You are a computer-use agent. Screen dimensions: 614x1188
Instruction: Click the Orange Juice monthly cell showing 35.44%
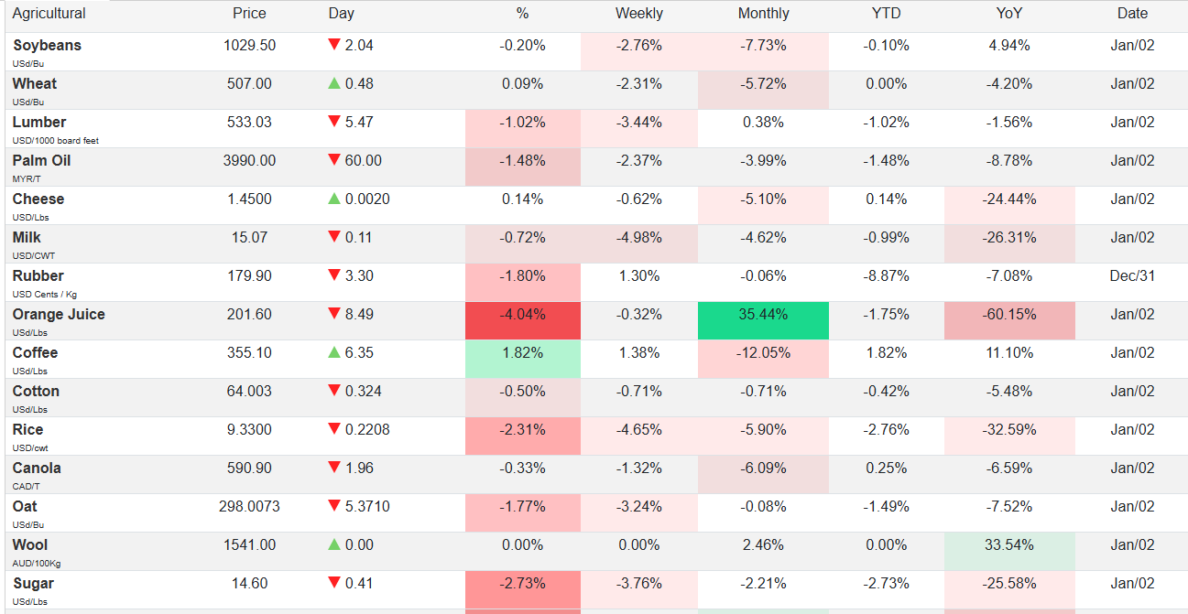click(763, 315)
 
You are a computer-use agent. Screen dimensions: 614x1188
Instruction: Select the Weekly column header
click(638, 14)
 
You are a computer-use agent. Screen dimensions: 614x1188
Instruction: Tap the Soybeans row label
click(47, 46)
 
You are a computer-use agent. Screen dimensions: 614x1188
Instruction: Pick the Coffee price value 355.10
click(249, 353)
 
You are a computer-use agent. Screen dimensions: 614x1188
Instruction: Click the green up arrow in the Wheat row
click(334, 84)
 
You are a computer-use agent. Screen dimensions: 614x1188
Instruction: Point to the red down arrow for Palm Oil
click(334, 161)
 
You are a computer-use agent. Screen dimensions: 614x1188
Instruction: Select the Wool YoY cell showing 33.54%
click(1009, 545)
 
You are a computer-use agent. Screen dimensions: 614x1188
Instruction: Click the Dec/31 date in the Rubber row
click(1132, 276)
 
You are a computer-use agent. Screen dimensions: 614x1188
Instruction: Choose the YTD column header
click(886, 14)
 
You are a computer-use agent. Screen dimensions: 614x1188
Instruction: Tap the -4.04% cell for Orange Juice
click(522, 315)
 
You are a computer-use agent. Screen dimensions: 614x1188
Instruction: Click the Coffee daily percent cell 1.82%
click(522, 353)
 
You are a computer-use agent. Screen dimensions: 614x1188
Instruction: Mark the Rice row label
click(28, 430)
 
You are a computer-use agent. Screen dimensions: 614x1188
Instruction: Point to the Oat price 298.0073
click(249, 507)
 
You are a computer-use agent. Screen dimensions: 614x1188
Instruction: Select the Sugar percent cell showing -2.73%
click(522, 584)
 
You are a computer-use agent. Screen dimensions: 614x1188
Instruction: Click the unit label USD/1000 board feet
click(56, 140)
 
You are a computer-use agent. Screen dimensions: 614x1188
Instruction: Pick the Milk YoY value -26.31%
click(1009, 238)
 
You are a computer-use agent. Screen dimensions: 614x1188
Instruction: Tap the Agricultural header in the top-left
click(49, 14)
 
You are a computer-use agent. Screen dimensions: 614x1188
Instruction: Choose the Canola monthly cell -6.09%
click(763, 469)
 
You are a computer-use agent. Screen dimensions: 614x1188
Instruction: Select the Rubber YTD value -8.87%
click(886, 276)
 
